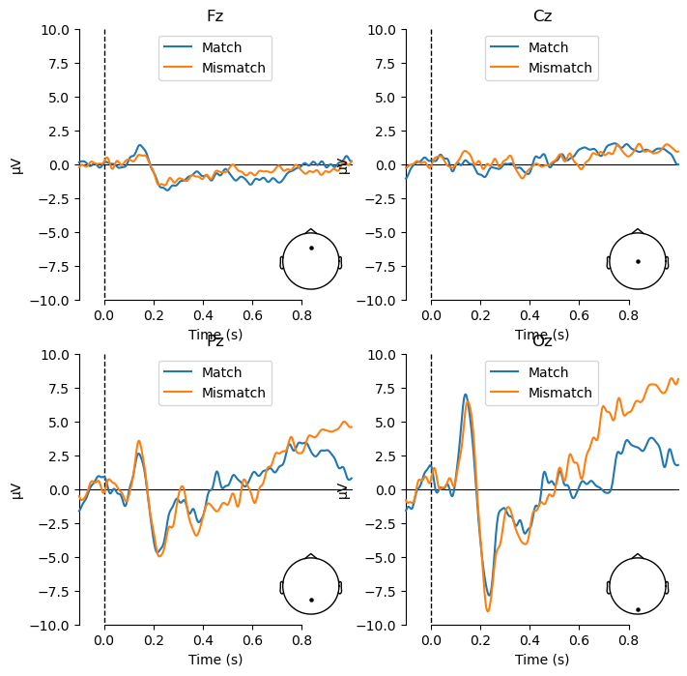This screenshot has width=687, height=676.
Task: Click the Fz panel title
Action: [x=215, y=16]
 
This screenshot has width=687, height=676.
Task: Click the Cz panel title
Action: [x=542, y=16]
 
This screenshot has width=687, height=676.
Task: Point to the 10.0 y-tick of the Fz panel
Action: [x=54, y=30]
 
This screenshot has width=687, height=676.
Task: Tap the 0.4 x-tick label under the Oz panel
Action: [x=530, y=639]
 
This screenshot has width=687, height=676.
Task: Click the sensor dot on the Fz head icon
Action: [x=311, y=249]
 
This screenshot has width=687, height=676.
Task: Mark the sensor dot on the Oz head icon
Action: [x=638, y=609]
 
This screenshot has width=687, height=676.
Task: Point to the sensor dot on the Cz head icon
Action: [x=638, y=261]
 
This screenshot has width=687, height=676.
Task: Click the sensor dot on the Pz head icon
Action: [x=311, y=600]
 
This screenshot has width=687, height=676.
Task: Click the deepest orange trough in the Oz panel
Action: [x=488, y=610]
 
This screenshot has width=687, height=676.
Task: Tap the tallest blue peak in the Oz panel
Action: [x=466, y=395]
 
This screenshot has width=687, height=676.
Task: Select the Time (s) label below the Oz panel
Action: [x=542, y=660]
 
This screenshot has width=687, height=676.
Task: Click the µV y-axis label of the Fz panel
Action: [x=17, y=165]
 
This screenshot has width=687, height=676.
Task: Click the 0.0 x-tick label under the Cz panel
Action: [x=431, y=314]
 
